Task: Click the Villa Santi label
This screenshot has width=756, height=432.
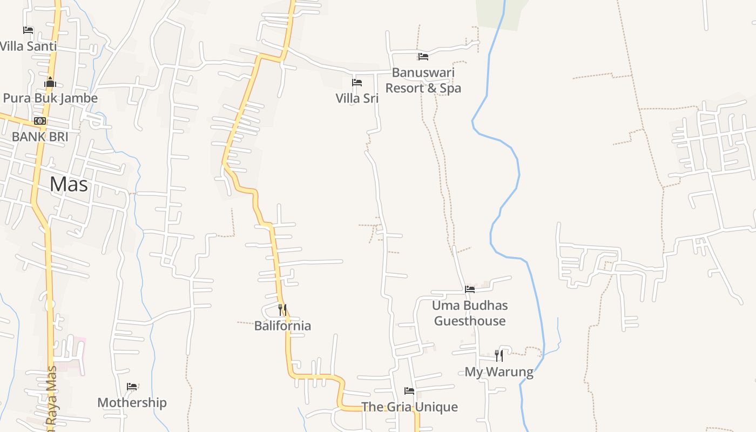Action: tap(28, 46)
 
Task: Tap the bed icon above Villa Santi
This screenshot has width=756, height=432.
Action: tap(28, 30)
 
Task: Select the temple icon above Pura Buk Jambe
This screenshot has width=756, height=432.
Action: tap(50, 82)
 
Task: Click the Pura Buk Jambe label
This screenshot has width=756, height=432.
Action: tap(50, 98)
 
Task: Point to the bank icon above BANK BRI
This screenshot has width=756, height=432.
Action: tap(40, 121)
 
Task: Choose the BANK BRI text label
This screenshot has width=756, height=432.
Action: tap(40, 137)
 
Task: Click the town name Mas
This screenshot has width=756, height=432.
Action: tap(69, 184)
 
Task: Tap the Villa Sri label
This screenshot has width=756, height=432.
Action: tap(357, 98)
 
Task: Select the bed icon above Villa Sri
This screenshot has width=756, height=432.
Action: tap(357, 83)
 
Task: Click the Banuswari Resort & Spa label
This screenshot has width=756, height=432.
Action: tap(423, 80)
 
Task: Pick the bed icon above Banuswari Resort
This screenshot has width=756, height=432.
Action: tap(423, 56)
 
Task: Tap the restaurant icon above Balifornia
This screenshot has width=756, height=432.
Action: tap(282, 310)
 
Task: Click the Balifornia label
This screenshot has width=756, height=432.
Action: tap(282, 326)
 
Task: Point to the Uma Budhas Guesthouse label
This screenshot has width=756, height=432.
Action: tap(470, 313)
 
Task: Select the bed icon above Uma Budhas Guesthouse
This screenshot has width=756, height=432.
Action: tap(470, 289)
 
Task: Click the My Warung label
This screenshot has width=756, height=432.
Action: tap(499, 372)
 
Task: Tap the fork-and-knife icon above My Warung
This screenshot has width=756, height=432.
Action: tap(499, 355)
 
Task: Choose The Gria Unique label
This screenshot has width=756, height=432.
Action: tap(409, 407)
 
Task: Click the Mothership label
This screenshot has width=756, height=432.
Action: tap(132, 402)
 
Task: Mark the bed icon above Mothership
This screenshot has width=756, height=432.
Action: tap(132, 387)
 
